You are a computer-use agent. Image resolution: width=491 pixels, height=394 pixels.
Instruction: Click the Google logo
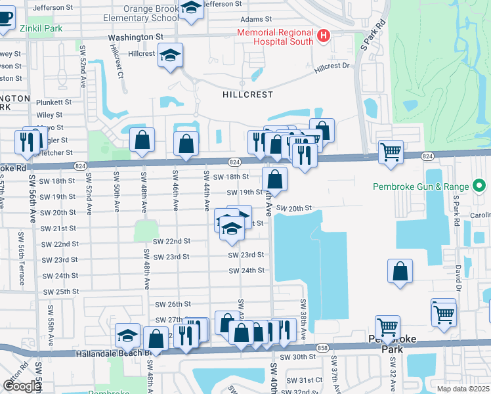click(x=22, y=386)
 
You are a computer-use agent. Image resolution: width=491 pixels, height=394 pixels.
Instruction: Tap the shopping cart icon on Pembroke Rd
click(x=391, y=152)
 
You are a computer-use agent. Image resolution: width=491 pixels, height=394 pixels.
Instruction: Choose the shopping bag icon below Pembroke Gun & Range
click(x=400, y=272)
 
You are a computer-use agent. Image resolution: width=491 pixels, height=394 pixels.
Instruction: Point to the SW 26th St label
click(x=173, y=304)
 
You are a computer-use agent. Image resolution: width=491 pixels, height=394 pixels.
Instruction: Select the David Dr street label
click(x=458, y=276)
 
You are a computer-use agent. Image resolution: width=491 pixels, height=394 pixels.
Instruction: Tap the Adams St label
click(x=255, y=20)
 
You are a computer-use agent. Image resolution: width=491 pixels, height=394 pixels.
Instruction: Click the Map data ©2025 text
click(x=463, y=389)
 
